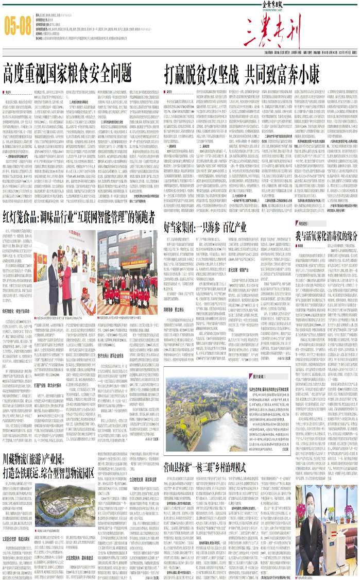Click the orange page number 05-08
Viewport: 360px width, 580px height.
click(x=18, y=25)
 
